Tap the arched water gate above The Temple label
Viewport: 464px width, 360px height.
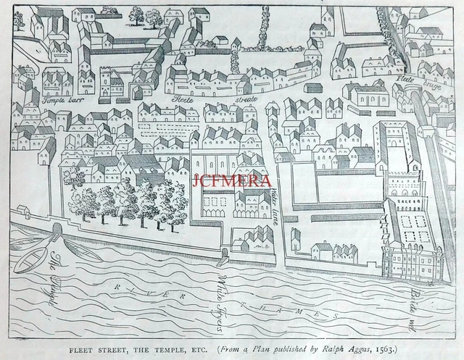click(56, 230)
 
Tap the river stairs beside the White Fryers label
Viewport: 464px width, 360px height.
click(224, 254)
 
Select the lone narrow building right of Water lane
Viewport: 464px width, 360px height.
click(295, 238)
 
